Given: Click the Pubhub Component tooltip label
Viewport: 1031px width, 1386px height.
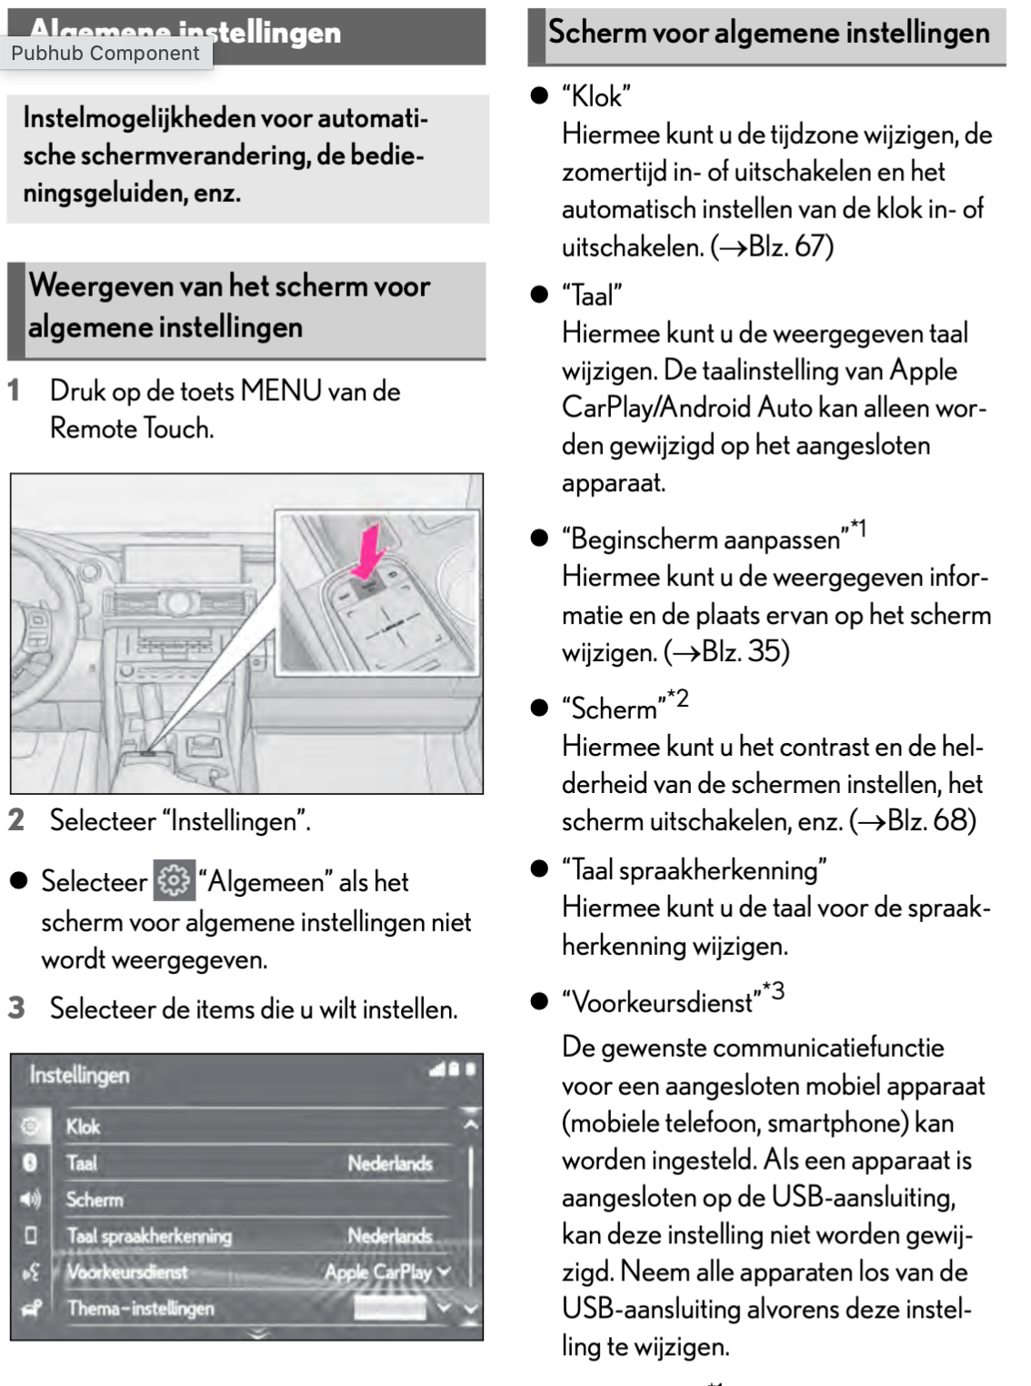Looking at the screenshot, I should [x=105, y=54].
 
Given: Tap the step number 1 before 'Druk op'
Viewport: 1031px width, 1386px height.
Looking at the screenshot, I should [x=15, y=391].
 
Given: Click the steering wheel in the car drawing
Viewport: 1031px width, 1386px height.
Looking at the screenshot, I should [x=36, y=628].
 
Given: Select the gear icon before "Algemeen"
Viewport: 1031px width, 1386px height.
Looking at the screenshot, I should [x=174, y=880].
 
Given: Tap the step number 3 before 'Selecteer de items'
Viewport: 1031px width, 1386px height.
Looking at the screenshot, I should [x=16, y=1008].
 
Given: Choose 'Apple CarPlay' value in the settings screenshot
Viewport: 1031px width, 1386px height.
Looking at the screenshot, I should [x=378, y=1272].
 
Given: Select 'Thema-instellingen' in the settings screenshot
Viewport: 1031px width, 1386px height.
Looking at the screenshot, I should [x=141, y=1309].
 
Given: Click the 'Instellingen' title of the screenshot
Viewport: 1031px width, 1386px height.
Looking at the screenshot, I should [x=80, y=1075].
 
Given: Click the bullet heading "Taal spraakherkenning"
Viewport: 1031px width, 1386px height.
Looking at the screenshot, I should [x=695, y=870].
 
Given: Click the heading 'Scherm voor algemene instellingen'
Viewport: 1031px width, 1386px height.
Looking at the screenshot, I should [x=768, y=34].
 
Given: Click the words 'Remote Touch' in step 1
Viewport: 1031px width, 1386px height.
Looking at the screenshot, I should [x=131, y=428].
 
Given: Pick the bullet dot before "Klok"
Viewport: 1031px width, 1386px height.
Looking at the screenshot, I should [x=540, y=95].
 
